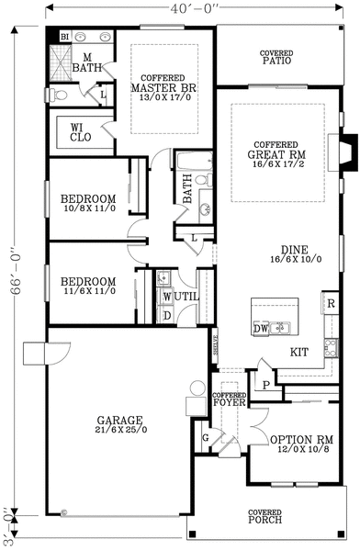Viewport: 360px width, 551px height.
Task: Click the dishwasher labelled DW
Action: [260, 327]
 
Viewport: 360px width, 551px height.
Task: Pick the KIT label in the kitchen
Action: [299, 352]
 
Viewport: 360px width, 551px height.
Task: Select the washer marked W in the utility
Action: [165, 297]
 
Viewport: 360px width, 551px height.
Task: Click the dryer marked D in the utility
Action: [165, 315]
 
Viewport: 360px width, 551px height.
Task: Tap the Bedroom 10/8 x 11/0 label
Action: [87, 204]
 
